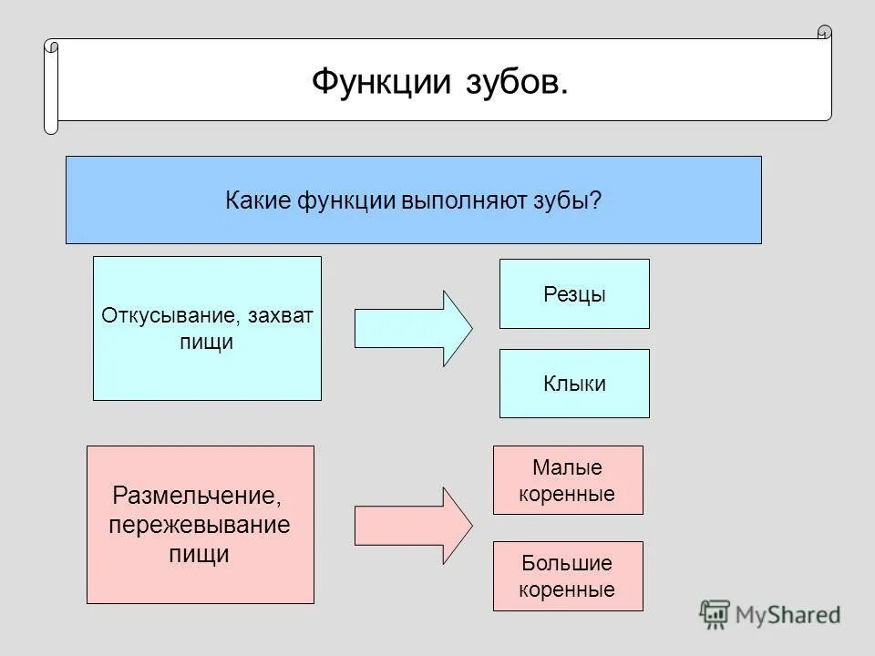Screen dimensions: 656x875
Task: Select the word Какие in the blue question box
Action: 258,200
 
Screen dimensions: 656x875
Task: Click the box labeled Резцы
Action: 574,294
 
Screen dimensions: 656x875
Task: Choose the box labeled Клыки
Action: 574,384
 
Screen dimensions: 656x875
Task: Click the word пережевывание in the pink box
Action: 199,526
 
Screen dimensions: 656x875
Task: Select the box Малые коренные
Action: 567,480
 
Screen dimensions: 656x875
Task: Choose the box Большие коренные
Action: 567,576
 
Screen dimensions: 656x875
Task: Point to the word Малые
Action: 567,468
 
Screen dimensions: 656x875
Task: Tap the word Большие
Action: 567,563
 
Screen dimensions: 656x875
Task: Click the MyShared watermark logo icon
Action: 714,613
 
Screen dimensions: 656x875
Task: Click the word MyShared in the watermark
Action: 788,615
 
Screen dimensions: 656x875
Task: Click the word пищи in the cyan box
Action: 208,343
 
